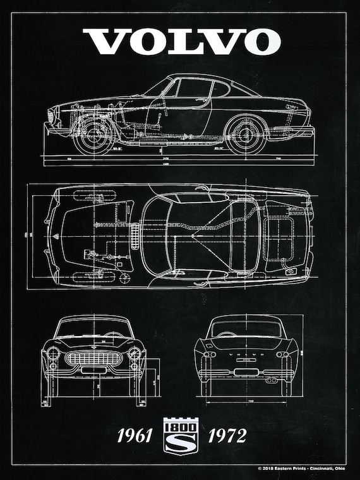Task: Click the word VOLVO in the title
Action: [181, 41]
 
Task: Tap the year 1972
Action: [226, 435]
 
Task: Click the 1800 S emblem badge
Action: [181, 434]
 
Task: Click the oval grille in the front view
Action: [93, 359]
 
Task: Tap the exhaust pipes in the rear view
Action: [272, 381]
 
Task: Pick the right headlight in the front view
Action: [135, 353]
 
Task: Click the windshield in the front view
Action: [93, 328]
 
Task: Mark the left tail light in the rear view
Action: [209, 355]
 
